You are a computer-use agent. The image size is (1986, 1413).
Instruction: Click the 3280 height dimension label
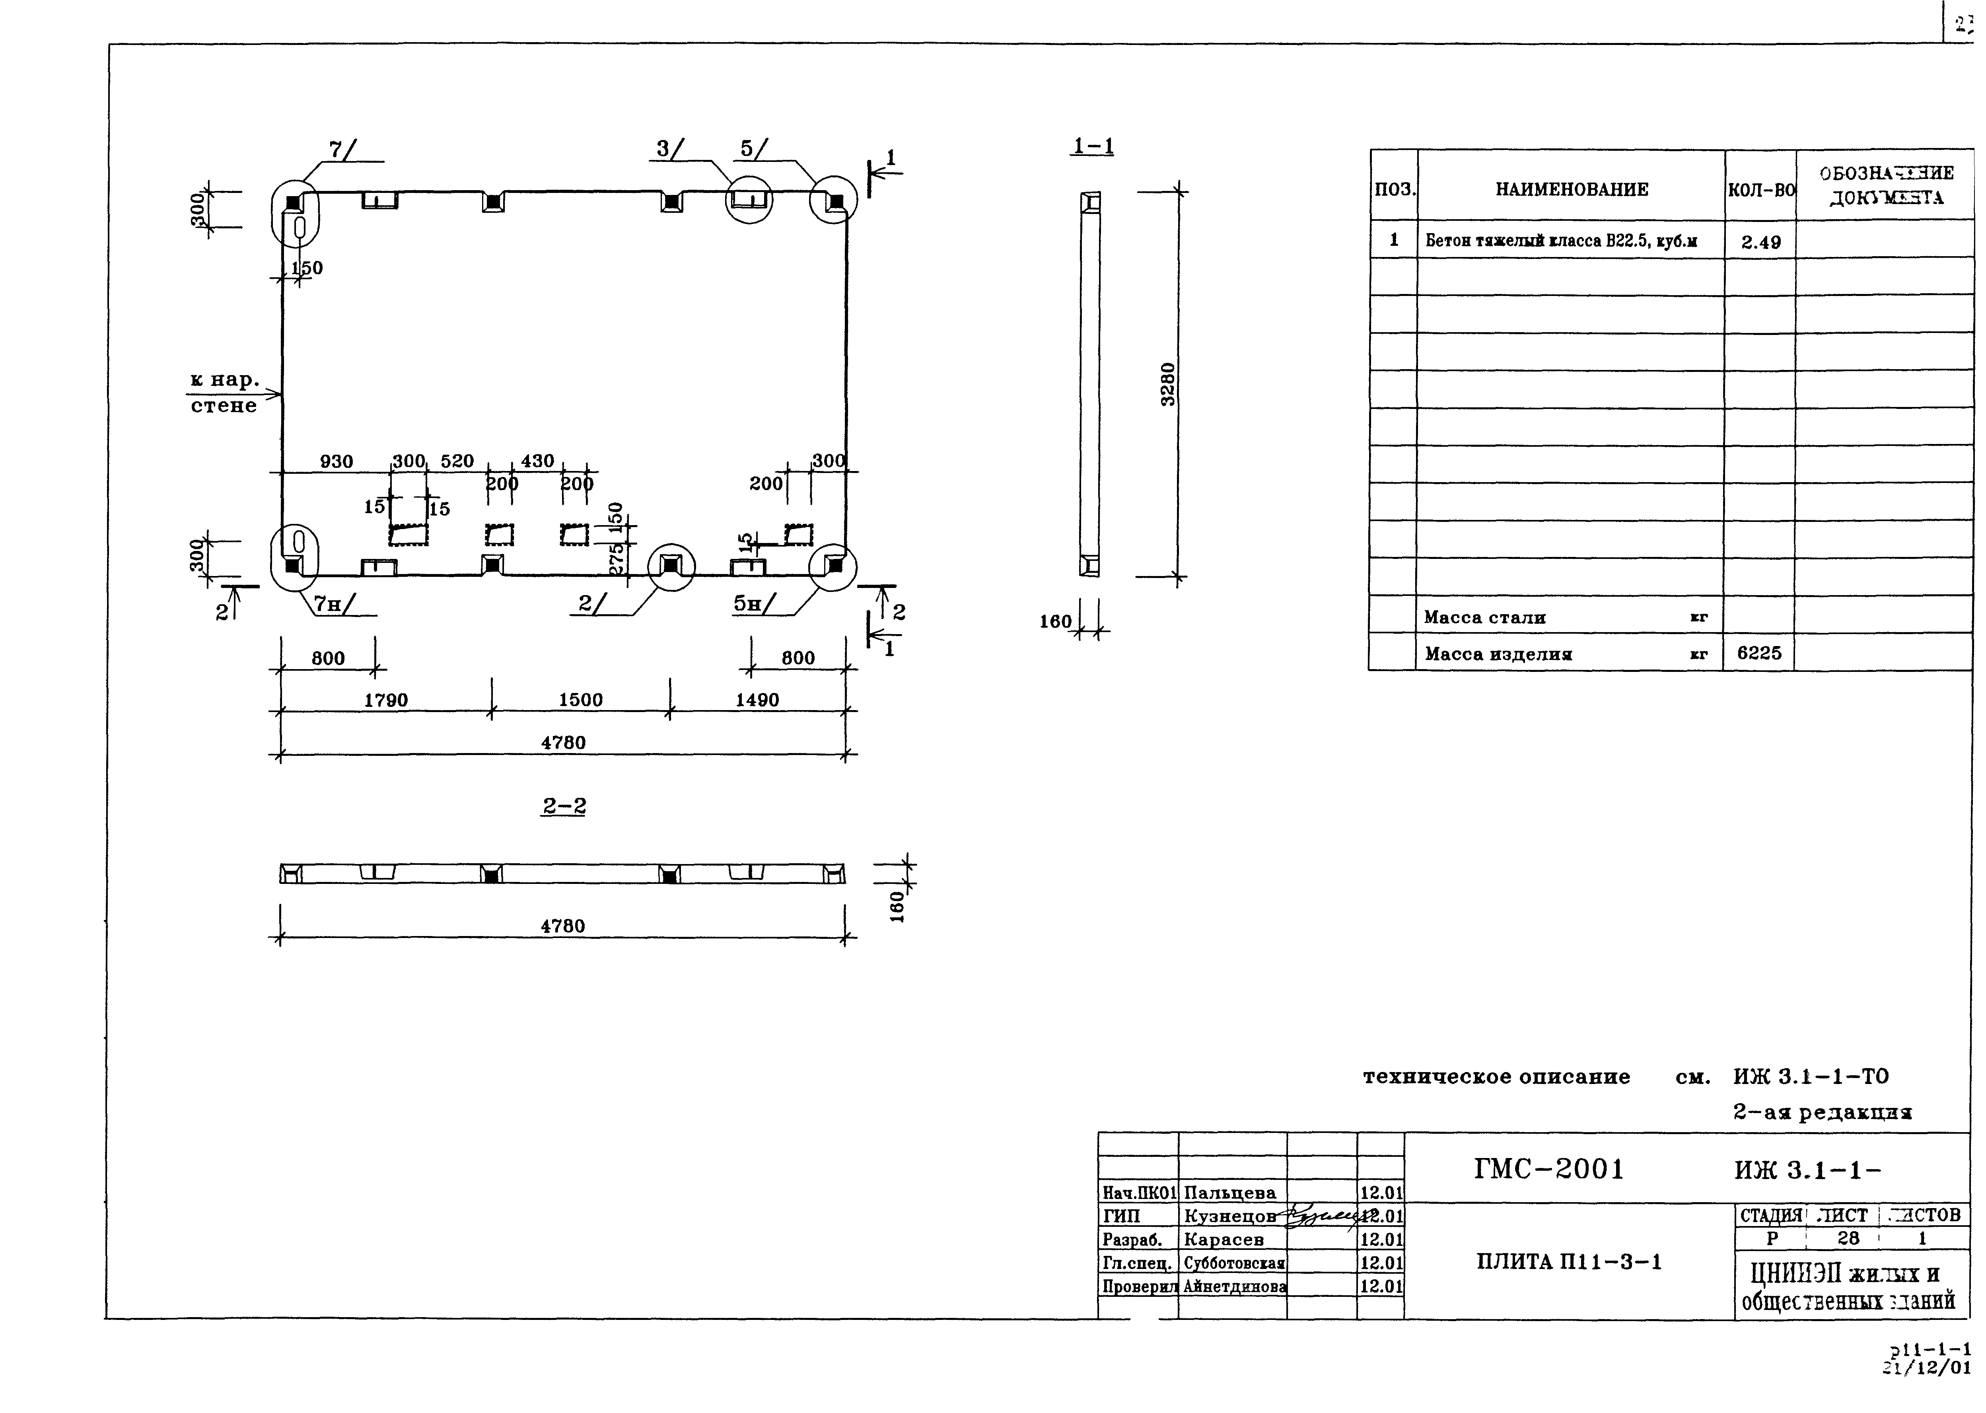(x=1168, y=384)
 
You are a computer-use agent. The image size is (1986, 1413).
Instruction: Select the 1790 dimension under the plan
(x=385, y=701)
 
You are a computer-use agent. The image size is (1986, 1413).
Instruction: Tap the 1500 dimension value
(x=580, y=701)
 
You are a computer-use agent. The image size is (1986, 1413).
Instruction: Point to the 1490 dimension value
(x=757, y=701)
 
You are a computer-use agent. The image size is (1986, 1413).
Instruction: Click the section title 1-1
(x=1093, y=146)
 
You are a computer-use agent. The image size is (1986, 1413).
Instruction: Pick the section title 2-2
(x=564, y=807)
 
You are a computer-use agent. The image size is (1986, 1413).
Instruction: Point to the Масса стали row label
(x=1485, y=618)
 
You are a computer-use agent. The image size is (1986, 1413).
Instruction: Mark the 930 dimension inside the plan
(x=337, y=461)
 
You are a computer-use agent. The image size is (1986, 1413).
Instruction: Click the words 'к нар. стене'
(x=224, y=392)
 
